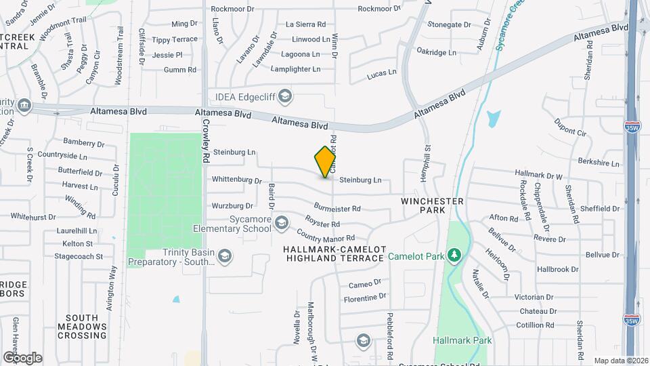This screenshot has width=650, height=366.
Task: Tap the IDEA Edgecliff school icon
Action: (285, 96)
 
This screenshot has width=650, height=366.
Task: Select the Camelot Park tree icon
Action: (456, 255)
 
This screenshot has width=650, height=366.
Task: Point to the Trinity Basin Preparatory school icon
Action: (225, 256)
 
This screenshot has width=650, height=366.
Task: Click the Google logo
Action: (22, 357)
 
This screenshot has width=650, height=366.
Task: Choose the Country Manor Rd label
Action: (326, 238)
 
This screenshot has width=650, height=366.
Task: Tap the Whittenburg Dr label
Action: (236, 180)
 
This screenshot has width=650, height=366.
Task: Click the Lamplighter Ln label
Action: (295, 69)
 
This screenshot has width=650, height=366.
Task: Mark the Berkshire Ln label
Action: (599, 163)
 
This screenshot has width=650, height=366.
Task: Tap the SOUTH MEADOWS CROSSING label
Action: (87, 326)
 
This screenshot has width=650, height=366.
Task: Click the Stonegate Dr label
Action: (449, 24)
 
